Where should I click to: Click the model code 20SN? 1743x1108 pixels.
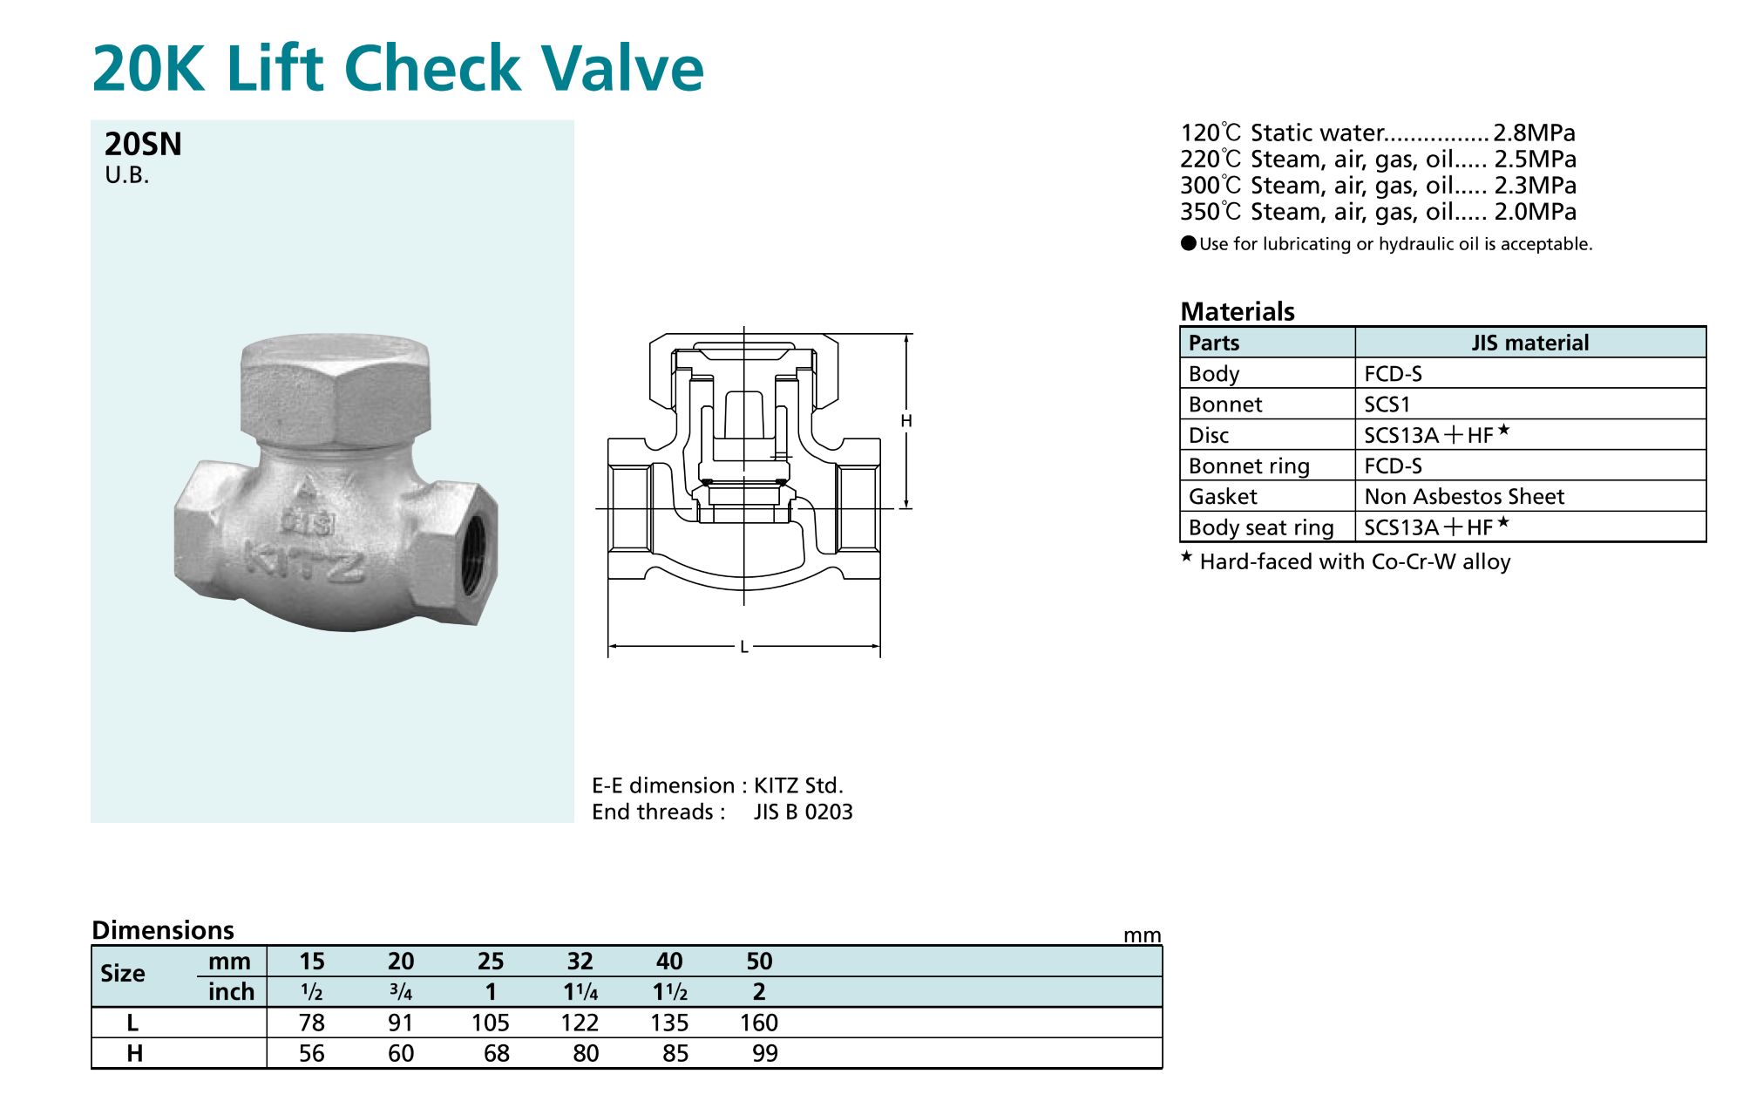click(143, 144)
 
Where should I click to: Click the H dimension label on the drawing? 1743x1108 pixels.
click(906, 421)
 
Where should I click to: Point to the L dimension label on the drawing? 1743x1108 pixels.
click(743, 647)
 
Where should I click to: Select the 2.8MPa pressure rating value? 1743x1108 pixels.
click(1535, 133)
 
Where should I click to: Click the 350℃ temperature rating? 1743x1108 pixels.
click(1211, 212)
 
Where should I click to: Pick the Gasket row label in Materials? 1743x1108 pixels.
click(1223, 496)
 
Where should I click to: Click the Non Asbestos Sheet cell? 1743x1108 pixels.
click(1464, 496)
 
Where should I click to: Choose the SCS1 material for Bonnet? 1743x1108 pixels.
click(1387, 404)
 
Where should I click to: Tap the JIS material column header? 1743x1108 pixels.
click(1530, 343)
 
